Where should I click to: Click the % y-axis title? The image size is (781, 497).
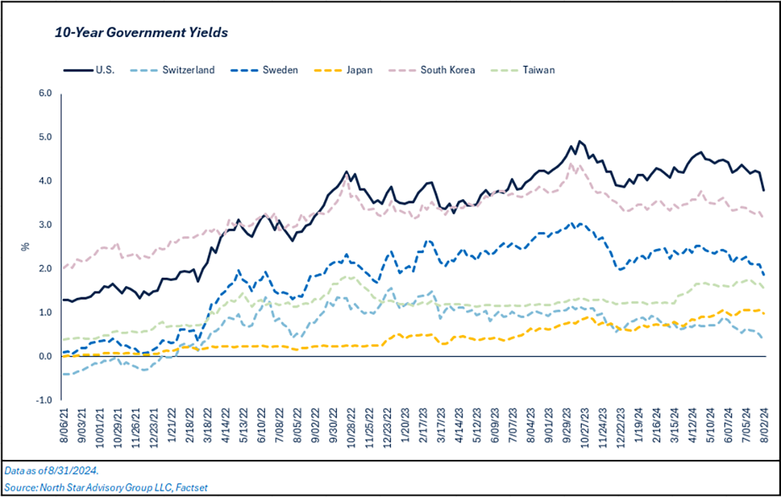pos(25,247)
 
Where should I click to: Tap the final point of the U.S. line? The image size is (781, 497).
pos(763,190)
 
